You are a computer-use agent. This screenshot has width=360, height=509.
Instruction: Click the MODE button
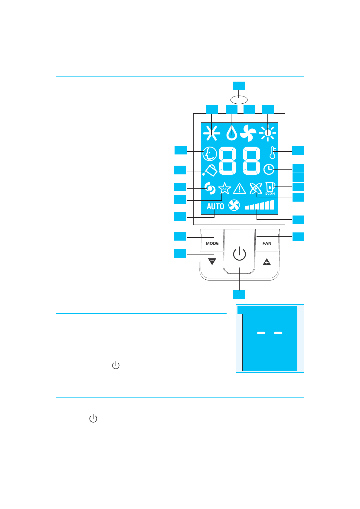tap(212, 243)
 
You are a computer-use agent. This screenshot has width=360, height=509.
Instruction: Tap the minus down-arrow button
tap(212, 262)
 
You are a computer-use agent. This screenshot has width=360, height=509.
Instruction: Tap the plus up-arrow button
tap(267, 262)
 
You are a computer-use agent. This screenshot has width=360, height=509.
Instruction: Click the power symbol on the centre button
tap(239, 254)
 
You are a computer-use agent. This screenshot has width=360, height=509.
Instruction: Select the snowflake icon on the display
tap(211, 133)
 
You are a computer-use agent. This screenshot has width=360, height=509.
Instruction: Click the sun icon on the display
tap(268, 133)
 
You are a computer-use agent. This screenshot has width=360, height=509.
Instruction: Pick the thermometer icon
tap(273, 153)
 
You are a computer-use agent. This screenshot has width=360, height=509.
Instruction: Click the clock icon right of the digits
tap(269, 169)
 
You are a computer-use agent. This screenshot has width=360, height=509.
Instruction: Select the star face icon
tap(224, 189)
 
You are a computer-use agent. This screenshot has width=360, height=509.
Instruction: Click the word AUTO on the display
tap(215, 206)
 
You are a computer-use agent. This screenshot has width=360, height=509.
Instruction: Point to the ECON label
tap(270, 194)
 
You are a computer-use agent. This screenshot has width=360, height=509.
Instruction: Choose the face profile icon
tap(210, 154)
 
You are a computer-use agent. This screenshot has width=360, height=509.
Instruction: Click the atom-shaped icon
tap(256, 189)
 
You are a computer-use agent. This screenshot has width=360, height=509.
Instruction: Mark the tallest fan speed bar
tap(272, 205)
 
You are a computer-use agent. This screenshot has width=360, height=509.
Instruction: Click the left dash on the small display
tap(261, 333)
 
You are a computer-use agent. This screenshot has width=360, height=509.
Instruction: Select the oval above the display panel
tap(239, 99)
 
